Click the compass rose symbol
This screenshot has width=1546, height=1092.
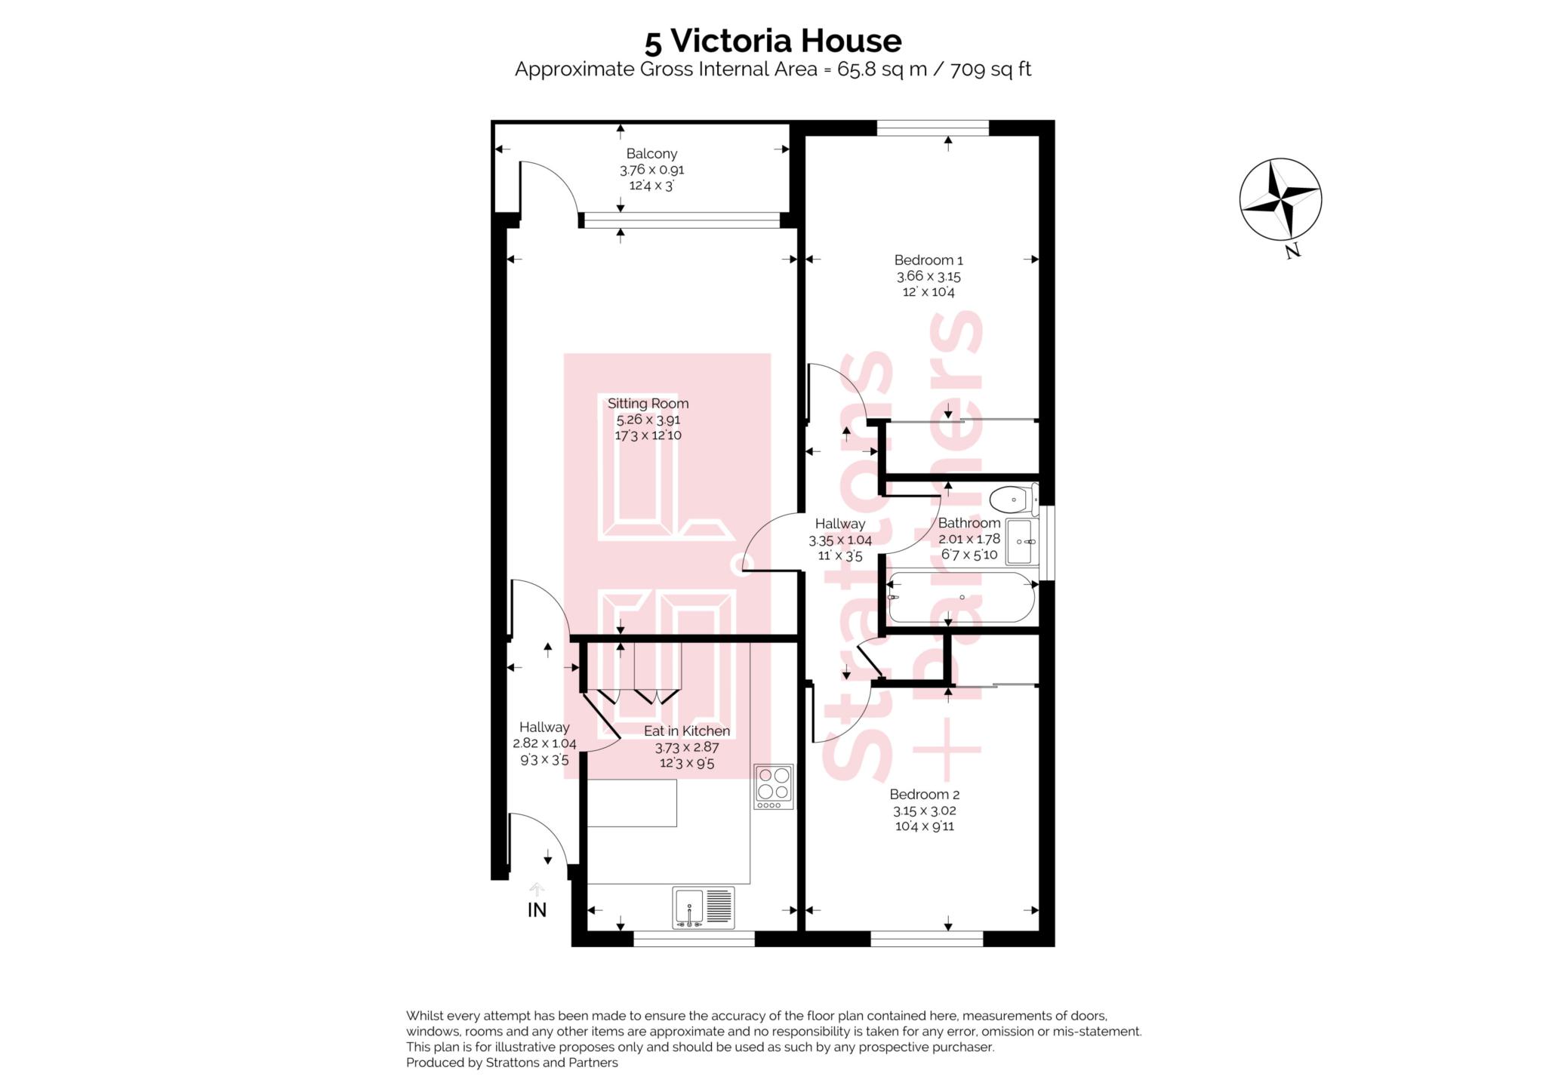(x=1280, y=199)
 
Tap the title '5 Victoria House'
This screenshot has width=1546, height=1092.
(x=772, y=41)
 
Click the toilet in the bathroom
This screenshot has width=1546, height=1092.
(x=1014, y=499)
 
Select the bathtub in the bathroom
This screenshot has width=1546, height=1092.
(x=962, y=598)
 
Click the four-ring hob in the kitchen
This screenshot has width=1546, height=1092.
(x=774, y=787)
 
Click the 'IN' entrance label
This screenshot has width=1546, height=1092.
(x=537, y=910)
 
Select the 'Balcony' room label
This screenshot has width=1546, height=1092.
(x=651, y=154)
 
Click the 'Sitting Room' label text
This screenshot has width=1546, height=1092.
(x=648, y=404)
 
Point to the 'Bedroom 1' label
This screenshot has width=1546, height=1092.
(x=929, y=260)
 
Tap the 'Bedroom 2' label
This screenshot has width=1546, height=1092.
(x=924, y=794)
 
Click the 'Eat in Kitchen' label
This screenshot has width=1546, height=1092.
(x=687, y=731)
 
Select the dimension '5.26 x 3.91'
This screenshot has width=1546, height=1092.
(x=648, y=420)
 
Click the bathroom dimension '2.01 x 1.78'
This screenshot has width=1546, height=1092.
(x=969, y=539)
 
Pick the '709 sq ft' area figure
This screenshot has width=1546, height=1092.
(x=990, y=70)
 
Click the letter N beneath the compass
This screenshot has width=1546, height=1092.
(x=1292, y=251)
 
